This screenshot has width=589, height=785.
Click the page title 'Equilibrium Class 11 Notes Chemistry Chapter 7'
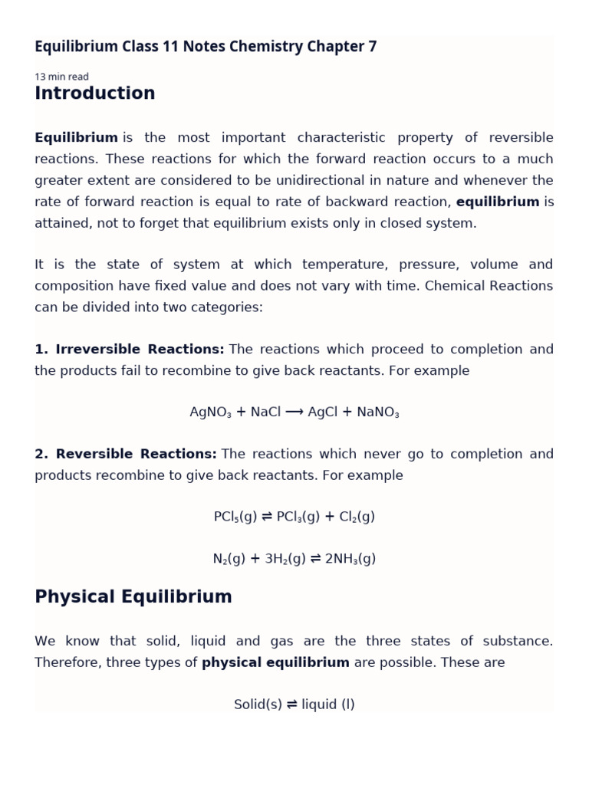pos(206,47)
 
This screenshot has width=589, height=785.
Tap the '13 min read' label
pos(61,77)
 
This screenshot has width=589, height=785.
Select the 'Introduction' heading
pos(94,94)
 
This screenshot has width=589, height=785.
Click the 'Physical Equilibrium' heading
pos(133,597)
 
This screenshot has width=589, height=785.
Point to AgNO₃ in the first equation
pos(210,412)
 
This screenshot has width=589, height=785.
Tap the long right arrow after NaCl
pos(294,412)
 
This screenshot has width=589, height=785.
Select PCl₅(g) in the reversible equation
pos(235,517)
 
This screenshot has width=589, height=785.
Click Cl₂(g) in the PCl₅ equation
pos(357,517)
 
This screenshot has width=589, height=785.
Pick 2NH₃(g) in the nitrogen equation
pos(350,559)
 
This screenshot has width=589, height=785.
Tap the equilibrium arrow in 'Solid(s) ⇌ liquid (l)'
pos(291,705)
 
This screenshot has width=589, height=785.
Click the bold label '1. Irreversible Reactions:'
pos(129,350)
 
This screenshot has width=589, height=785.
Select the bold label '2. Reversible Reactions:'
pos(125,454)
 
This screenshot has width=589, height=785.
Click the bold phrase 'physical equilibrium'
pos(275,662)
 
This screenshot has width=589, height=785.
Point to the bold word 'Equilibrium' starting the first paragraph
pos(76,138)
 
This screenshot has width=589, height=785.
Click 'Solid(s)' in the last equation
pos(258,705)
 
